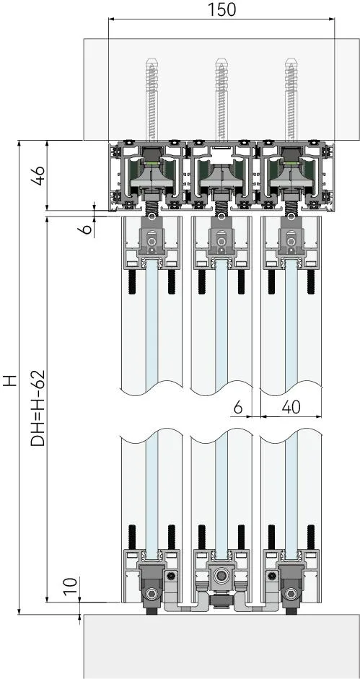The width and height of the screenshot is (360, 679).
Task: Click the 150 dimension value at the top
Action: coord(222,9)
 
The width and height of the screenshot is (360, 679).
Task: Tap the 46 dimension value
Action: coord(38,175)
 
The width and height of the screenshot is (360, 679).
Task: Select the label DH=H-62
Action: coord(38,408)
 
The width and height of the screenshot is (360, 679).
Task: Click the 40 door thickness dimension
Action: coord(291,407)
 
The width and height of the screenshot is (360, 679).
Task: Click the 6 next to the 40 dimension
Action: coord(238,407)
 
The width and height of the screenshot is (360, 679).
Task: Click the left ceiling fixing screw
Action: coord(152,100)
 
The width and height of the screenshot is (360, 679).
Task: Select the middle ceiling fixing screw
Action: coord(221,100)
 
